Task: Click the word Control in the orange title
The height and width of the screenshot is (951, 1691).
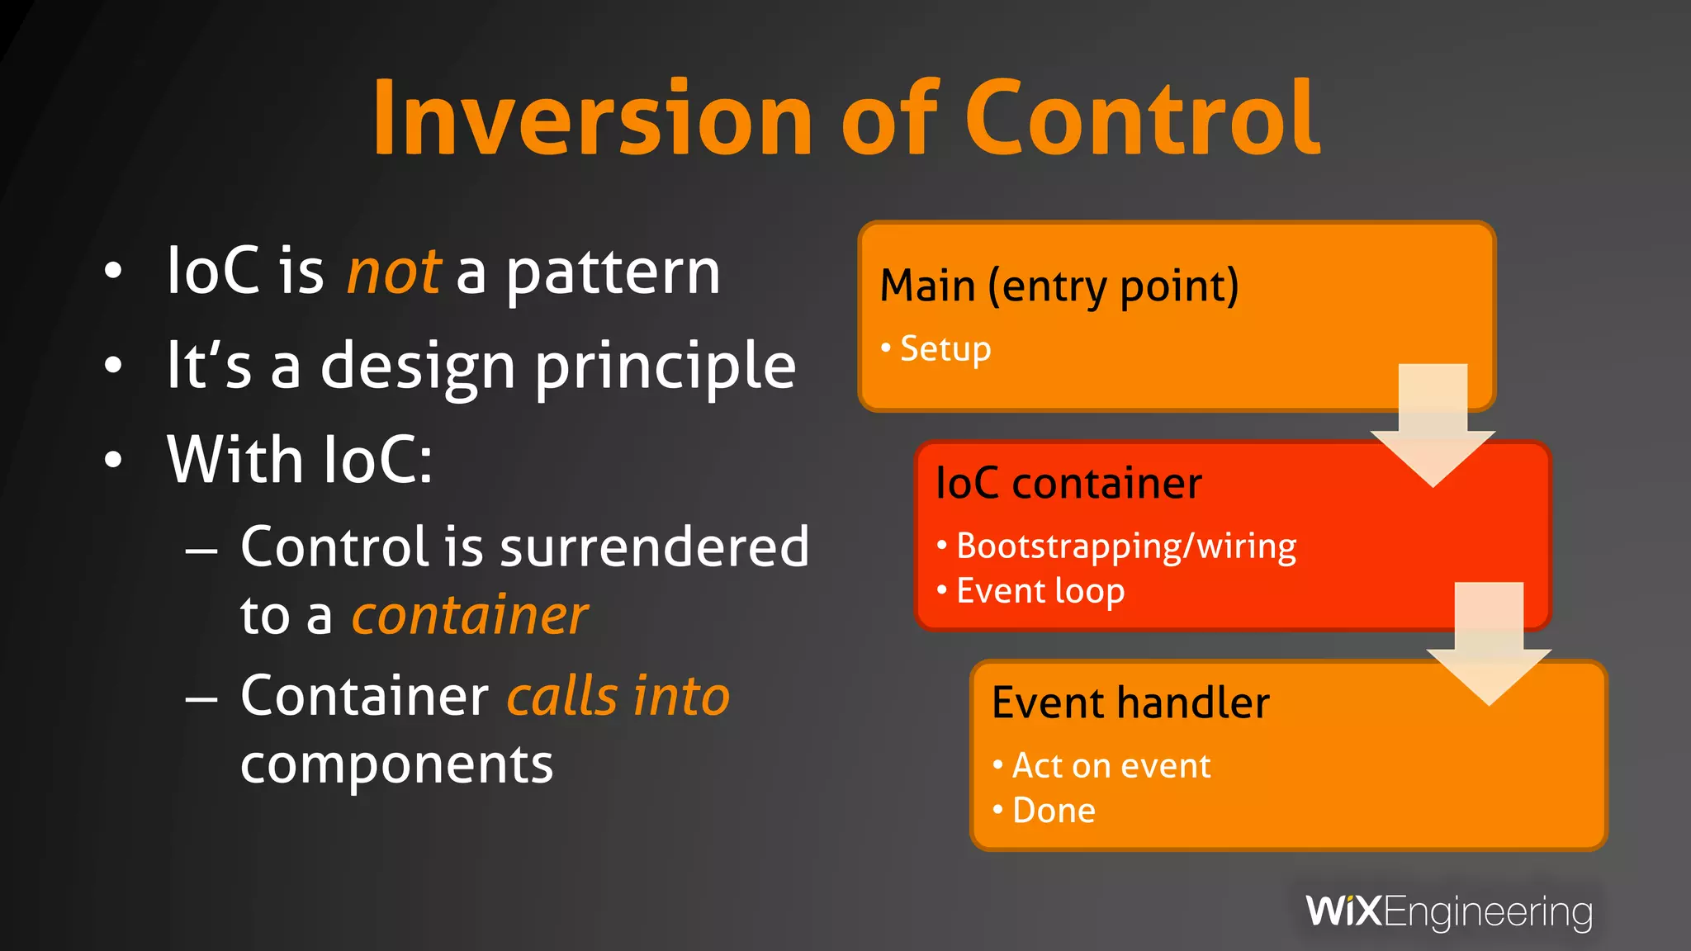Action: pos(1143,118)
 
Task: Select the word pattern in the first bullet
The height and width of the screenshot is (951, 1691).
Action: pos(613,273)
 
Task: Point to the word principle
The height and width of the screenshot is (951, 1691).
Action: pos(666,367)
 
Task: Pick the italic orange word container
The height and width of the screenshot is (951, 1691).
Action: pos(470,616)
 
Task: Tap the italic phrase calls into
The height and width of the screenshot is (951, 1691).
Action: pos(618,696)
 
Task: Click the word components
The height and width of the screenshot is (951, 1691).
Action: pos(396,764)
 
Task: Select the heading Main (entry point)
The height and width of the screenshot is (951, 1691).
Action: pos(1059,286)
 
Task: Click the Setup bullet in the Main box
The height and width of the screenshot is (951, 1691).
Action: pos(945,348)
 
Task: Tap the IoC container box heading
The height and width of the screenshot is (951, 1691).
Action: pos(1068,484)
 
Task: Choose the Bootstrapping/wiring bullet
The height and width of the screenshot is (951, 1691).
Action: pos(1125,546)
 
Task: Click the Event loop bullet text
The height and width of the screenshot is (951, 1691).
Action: pos(1040,591)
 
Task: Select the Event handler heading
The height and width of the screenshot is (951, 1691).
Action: pos(1130,703)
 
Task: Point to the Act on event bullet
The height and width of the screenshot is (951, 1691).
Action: pos(1111,766)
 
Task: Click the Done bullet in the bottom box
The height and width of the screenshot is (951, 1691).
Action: pos(1054,811)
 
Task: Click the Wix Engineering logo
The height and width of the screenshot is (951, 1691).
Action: pos(1449,912)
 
